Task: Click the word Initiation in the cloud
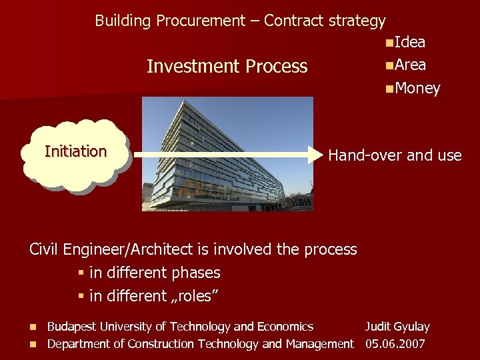point(75,151)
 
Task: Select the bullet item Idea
point(409,43)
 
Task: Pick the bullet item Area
point(409,65)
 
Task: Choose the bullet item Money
point(417,88)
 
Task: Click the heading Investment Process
point(227,67)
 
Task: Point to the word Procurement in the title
point(200,21)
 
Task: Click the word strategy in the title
point(357,21)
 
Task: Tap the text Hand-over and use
point(395,155)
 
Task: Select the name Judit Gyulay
point(397,327)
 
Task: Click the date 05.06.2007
point(395,344)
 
